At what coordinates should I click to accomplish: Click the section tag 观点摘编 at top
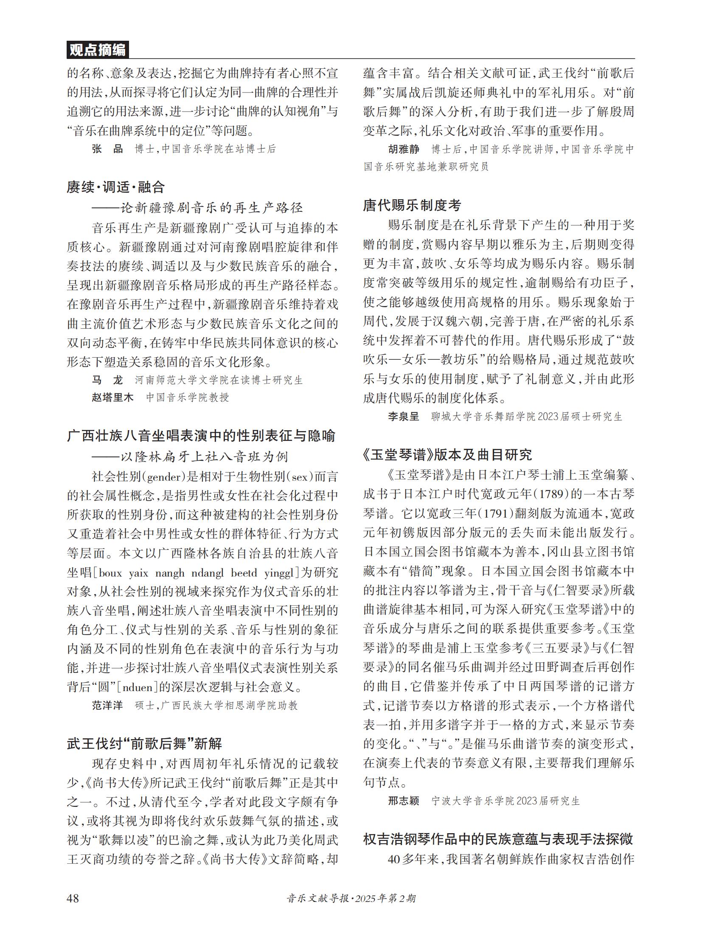(x=97, y=50)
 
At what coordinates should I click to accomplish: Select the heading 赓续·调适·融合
(x=115, y=187)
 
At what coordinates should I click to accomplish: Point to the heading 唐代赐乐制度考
(x=412, y=206)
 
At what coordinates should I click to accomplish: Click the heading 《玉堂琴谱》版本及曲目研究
(x=447, y=455)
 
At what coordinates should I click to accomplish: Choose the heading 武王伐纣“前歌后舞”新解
(x=144, y=743)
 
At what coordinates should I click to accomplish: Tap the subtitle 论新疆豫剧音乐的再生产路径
(x=211, y=207)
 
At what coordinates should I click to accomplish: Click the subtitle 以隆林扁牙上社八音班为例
(x=204, y=456)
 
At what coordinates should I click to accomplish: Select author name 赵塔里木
(x=112, y=397)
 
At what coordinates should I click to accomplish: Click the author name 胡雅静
(x=403, y=149)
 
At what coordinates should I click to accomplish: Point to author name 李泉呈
(x=403, y=416)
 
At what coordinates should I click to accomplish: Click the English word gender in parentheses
(x=163, y=477)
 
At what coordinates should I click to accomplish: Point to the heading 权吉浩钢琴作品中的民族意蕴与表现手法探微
(x=498, y=839)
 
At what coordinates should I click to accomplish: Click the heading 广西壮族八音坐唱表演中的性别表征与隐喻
(x=201, y=436)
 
